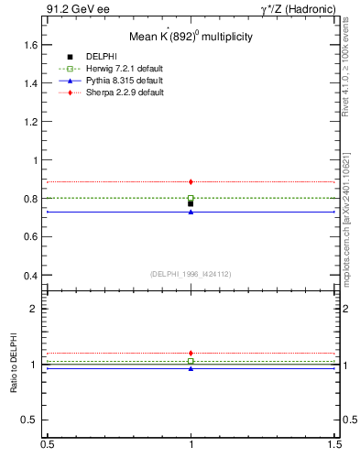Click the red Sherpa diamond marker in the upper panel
(191, 181)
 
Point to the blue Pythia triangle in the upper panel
(191, 212)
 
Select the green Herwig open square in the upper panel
(191, 198)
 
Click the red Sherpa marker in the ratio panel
(191, 353)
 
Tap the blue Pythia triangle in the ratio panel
(191, 368)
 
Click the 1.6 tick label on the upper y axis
(30, 44)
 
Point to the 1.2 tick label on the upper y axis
(30, 121)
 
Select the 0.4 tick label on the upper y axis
(30, 275)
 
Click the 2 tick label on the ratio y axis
(34, 309)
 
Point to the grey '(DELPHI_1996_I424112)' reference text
(191, 273)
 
